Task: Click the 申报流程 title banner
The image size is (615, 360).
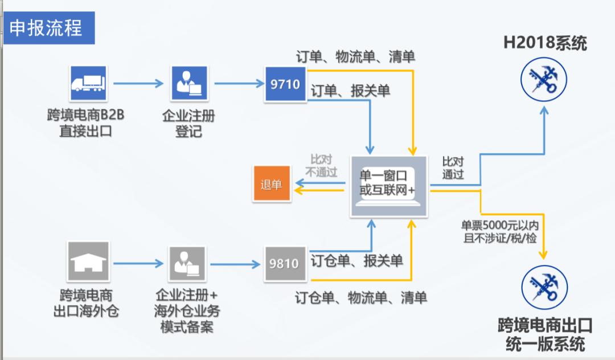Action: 48,28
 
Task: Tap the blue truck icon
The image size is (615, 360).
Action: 88,84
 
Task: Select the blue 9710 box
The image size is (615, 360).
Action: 285,84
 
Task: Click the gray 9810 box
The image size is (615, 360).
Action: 285,263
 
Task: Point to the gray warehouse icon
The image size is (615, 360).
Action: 88,261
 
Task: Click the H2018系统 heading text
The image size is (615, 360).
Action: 544,43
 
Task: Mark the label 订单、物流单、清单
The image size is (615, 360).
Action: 355,56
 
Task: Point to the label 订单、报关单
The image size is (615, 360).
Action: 350,91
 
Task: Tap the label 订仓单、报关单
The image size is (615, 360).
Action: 356,261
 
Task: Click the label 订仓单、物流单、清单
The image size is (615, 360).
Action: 361,297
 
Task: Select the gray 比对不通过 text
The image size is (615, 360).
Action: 321,165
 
